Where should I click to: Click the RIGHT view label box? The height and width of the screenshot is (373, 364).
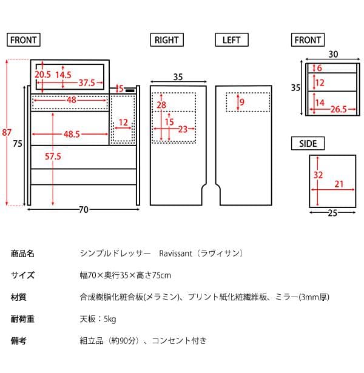tap(166, 40)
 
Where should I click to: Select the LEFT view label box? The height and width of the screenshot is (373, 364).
tap(232, 40)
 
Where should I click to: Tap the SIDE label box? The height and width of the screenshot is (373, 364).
tap(308, 144)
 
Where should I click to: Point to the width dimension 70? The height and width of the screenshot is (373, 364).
tap(84, 210)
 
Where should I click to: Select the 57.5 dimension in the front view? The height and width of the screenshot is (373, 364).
tap(53, 156)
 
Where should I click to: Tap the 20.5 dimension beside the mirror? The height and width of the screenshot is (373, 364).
tap(42, 74)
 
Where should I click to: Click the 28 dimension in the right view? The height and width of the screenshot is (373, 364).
tap(161, 106)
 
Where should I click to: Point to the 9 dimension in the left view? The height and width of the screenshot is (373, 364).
tap(242, 102)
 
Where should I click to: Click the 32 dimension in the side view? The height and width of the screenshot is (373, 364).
tap(317, 174)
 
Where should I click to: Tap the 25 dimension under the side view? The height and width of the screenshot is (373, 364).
tap(332, 213)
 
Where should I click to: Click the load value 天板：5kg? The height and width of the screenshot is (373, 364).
tap(98, 319)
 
